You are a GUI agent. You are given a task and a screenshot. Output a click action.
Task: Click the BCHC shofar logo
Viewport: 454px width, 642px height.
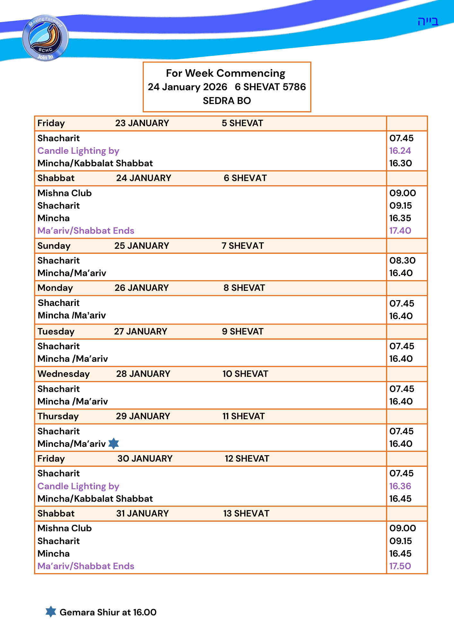pyautogui.click(x=45, y=38)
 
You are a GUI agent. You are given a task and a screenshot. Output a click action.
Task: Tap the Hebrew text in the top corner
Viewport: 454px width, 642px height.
pyautogui.click(x=428, y=22)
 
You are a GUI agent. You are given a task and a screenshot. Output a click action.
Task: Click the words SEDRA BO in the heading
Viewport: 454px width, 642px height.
pyautogui.click(x=227, y=101)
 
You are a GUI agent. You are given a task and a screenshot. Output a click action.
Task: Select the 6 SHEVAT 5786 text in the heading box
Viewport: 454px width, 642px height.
pyautogui.click(x=270, y=87)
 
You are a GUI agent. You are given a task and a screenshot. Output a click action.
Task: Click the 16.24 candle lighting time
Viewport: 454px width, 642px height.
pyautogui.click(x=400, y=151)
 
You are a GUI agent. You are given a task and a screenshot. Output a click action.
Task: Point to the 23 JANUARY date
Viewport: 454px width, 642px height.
pyautogui.click(x=142, y=123)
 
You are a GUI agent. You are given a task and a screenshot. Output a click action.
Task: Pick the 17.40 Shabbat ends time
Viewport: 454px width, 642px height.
pyautogui.click(x=400, y=230)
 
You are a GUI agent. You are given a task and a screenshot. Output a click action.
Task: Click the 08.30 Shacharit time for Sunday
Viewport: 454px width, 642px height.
pyautogui.click(x=402, y=260)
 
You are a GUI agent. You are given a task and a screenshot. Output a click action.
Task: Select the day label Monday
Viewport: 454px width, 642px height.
pyautogui.click(x=55, y=288)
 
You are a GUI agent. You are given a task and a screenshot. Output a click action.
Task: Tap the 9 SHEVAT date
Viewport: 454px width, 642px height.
pyautogui.click(x=242, y=332)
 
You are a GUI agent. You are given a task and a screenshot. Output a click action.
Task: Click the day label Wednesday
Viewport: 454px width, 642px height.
pyautogui.click(x=64, y=374)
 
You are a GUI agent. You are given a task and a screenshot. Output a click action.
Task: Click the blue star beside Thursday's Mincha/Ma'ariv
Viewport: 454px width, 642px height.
pyautogui.click(x=114, y=444)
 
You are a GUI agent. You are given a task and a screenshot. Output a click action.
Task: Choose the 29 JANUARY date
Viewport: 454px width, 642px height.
pyautogui.click(x=143, y=416)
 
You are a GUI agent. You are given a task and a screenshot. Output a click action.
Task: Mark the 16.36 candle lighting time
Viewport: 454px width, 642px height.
pyautogui.click(x=400, y=486)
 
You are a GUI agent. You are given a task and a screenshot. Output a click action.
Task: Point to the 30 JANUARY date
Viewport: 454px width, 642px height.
pyautogui.click(x=145, y=459)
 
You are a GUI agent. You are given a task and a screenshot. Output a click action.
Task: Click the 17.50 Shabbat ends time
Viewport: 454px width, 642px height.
pyautogui.click(x=400, y=566)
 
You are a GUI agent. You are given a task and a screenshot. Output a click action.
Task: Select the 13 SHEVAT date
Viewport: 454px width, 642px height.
pyautogui.click(x=246, y=514)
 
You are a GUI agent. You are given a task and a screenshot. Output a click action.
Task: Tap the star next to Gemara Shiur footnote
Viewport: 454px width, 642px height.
pyautogui.click(x=51, y=612)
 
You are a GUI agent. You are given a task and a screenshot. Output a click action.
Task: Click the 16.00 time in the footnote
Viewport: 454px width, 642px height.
pyautogui.click(x=145, y=612)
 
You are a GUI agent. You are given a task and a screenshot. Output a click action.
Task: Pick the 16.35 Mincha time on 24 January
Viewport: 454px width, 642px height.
pyautogui.click(x=400, y=218)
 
